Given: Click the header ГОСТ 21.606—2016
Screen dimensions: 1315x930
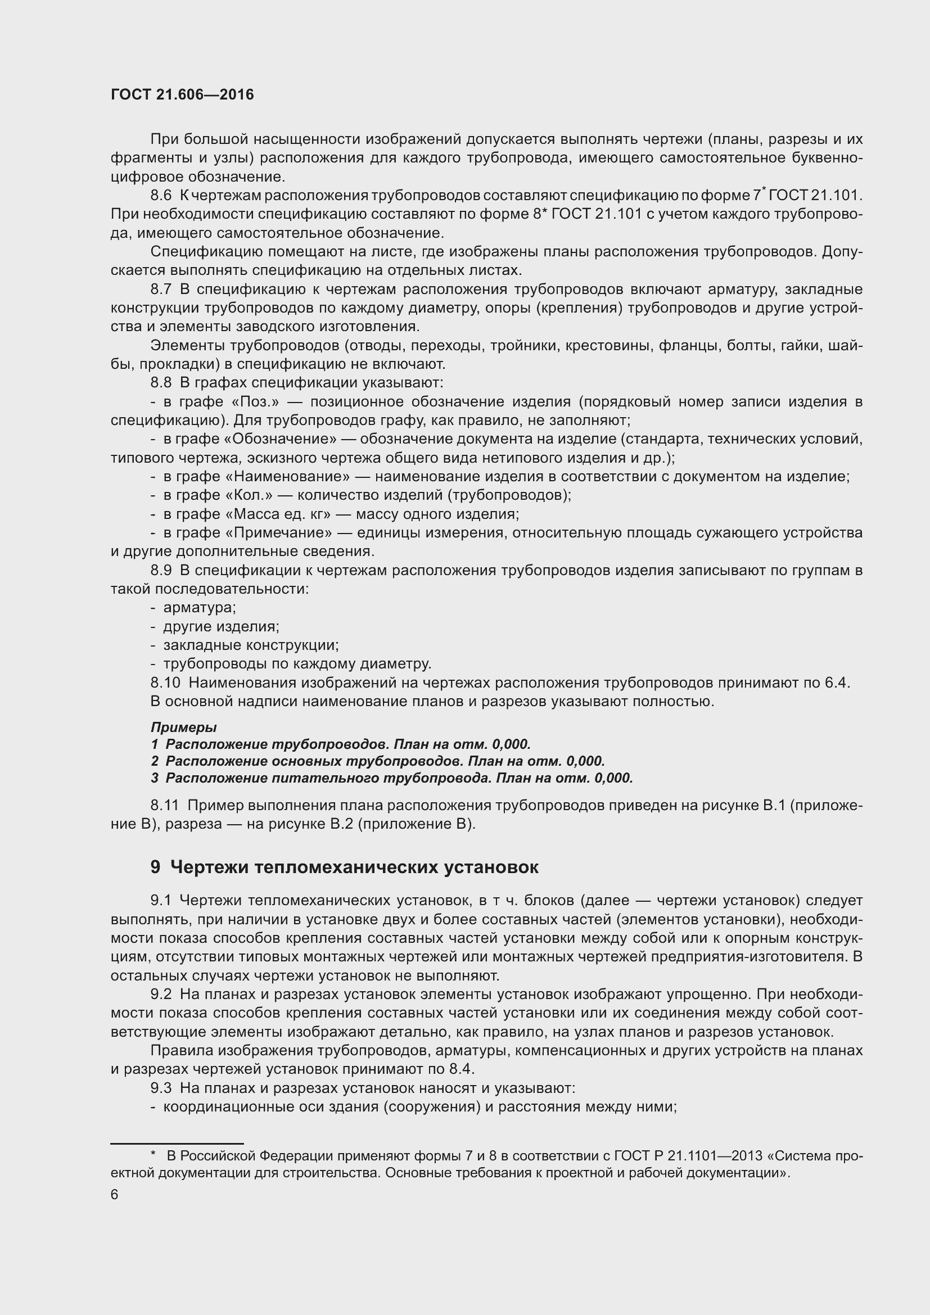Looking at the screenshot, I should [182, 95].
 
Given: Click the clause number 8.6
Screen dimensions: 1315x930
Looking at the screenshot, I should [161, 196].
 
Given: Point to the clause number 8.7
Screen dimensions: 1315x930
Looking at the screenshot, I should [161, 290].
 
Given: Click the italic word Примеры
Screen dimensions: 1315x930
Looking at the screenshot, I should [183, 727].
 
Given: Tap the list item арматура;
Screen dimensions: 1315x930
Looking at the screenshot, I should [199, 608].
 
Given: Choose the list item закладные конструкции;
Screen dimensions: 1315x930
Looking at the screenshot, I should [251, 645].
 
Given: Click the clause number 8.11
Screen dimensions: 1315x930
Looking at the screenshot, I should [165, 805].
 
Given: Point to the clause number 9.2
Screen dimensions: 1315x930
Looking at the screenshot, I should [161, 995].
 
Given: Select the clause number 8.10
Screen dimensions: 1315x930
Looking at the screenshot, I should [165, 683].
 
